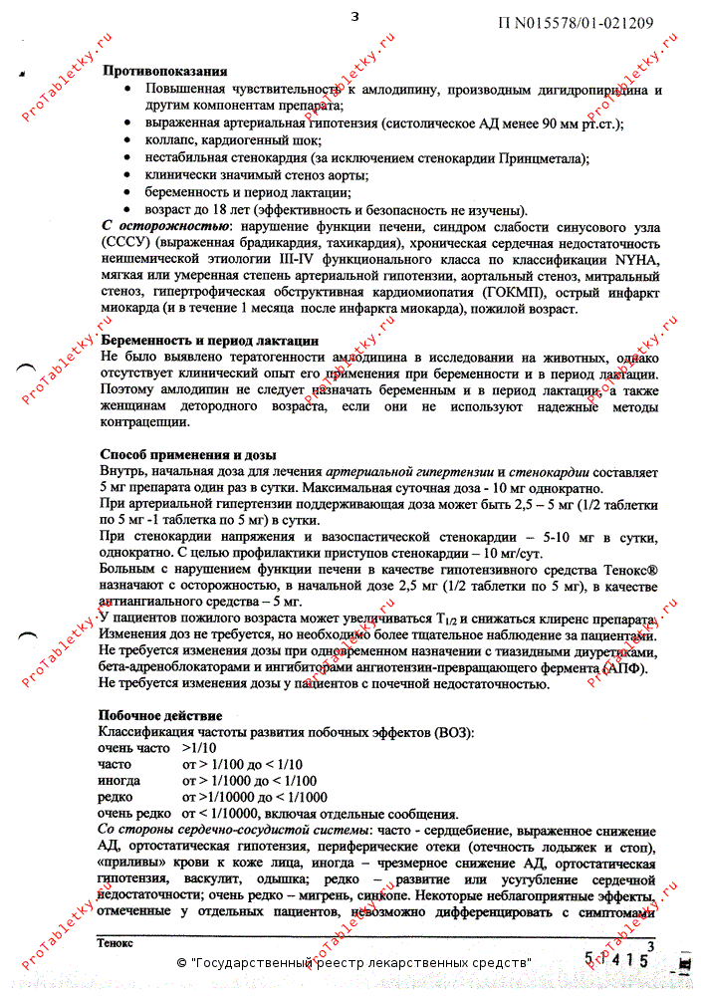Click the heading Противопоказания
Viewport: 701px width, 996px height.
click(164, 72)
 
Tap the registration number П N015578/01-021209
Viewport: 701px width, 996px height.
click(575, 23)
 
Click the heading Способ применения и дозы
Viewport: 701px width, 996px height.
click(188, 455)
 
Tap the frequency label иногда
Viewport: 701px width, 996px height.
click(119, 781)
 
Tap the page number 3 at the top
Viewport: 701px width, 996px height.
click(354, 17)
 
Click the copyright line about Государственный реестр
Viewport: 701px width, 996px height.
click(353, 963)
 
